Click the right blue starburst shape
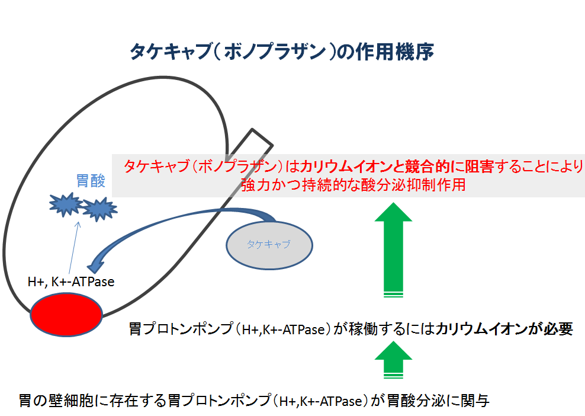tap(98, 209)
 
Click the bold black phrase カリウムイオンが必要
tap(504, 329)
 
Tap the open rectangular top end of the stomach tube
tap(260, 137)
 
